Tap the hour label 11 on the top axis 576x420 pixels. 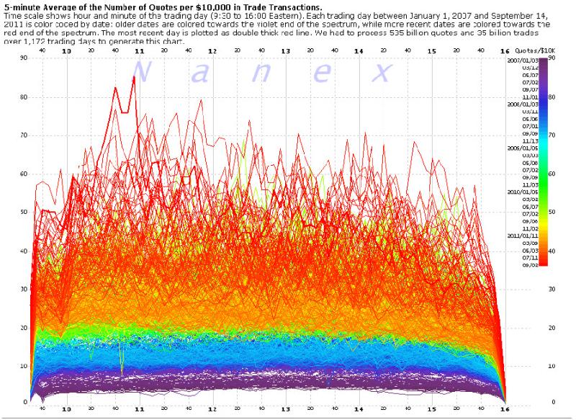140,52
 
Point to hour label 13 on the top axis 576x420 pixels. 286,52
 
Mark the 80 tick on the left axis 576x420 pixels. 5,97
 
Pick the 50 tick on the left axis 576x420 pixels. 5,212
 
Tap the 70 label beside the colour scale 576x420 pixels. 551,135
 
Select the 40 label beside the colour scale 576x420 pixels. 551,250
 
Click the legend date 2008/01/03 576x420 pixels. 521,104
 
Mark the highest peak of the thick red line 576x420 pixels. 135,76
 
